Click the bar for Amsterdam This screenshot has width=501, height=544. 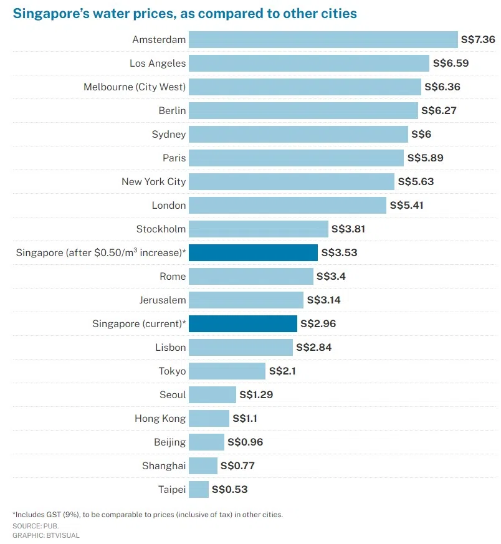pyautogui.click(x=323, y=40)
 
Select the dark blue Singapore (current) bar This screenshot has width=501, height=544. pyautogui.click(x=243, y=324)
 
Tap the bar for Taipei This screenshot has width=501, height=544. pyautogui.click(x=199, y=490)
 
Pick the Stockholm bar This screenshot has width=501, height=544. pyautogui.click(x=258, y=229)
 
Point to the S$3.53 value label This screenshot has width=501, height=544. pyautogui.click(x=339, y=253)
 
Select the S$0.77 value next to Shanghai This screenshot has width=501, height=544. pyautogui.click(x=237, y=466)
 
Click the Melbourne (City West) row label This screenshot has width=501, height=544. pyautogui.click(x=135, y=87)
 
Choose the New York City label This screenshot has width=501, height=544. pyautogui.click(x=153, y=182)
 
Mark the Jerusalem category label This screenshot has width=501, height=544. pyautogui.click(x=163, y=300)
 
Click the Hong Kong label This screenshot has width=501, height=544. pyautogui.click(x=160, y=419)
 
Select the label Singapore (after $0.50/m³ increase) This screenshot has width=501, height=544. pyautogui.click(x=101, y=252)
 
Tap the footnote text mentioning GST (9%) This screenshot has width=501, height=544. pyautogui.click(x=147, y=515)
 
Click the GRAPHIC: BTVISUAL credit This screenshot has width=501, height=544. pyautogui.click(x=45, y=535)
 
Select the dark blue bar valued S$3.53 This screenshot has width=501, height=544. pyautogui.click(x=253, y=253)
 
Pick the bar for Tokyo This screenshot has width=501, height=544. pyautogui.click(x=227, y=371)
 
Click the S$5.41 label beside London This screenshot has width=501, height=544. pyautogui.click(x=406, y=206)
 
